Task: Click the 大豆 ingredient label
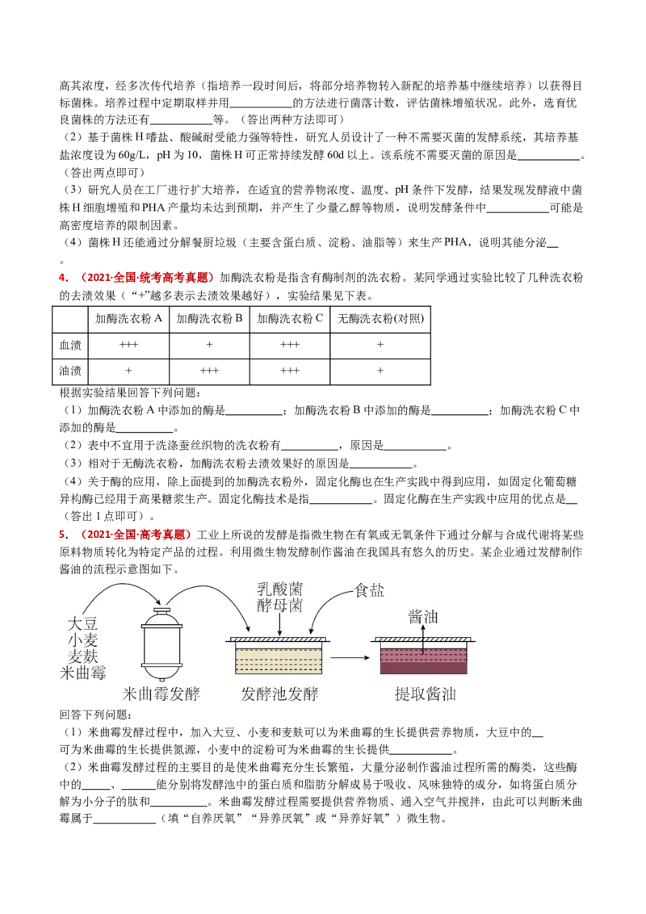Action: pyautogui.click(x=82, y=623)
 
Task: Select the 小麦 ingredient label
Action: pyautogui.click(x=82, y=639)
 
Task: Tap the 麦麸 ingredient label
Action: pyautogui.click(x=82, y=656)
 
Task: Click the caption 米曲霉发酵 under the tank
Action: pyautogui.click(x=161, y=694)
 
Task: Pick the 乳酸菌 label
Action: pyautogui.click(x=279, y=589)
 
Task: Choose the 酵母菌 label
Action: pyautogui.click(x=279, y=606)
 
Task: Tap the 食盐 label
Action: pyautogui.click(x=369, y=590)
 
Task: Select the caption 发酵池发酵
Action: pyautogui.click(x=279, y=694)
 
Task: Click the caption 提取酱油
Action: pyautogui.click(x=425, y=694)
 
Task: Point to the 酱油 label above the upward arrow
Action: pyautogui.click(x=423, y=617)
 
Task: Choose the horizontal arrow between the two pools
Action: pyautogui.click(x=349, y=658)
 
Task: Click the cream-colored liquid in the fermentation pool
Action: pyautogui.click(x=279, y=660)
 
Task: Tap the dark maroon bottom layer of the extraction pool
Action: pyautogui.click(x=423, y=669)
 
